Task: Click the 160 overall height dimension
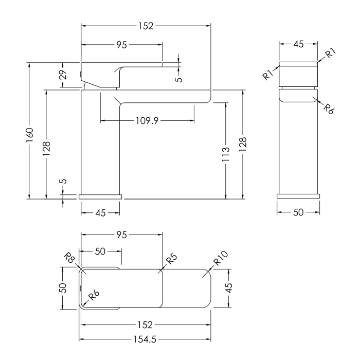pos(30,135)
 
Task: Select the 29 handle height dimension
pos(63,75)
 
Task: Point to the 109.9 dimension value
pos(147,120)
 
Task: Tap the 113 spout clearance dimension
pos(226,154)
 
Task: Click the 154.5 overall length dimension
pos(145,339)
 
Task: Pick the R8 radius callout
pos(69,258)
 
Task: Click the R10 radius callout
pos(221,258)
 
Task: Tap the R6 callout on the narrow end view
pos(329,109)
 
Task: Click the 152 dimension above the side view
pos(146,26)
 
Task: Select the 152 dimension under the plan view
pos(145,325)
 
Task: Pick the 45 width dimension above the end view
pos(298,44)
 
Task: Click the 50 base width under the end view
pos(298,212)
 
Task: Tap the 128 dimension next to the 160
pos(46,148)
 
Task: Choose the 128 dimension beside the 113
pos(243,144)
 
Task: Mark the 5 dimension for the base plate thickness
pos(64,181)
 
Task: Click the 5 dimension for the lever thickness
pos(178,79)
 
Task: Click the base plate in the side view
pos(100,197)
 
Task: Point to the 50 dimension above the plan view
pos(100,251)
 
